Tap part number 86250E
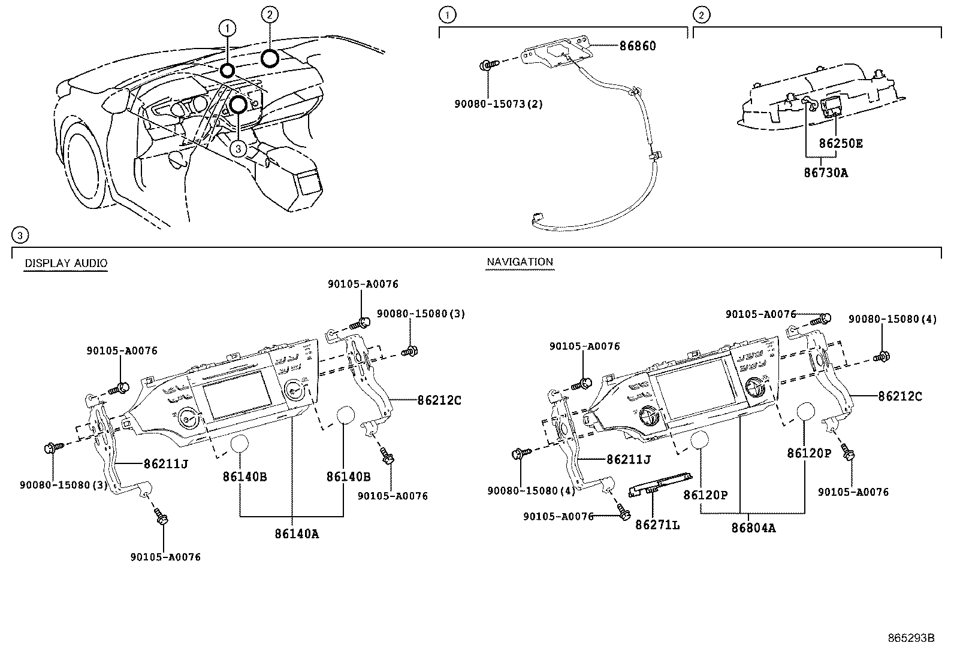(x=841, y=144)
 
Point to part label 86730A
(x=826, y=173)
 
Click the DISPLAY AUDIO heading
(x=66, y=263)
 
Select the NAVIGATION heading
(x=520, y=262)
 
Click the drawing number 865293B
(x=911, y=638)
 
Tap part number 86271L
(x=657, y=525)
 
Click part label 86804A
(x=753, y=528)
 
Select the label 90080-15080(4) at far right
(x=892, y=320)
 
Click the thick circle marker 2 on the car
(x=270, y=58)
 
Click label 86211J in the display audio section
(x=165, y=463)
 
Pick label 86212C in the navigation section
(x=900, y=396)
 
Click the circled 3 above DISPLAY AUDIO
(x=20, y=235)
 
